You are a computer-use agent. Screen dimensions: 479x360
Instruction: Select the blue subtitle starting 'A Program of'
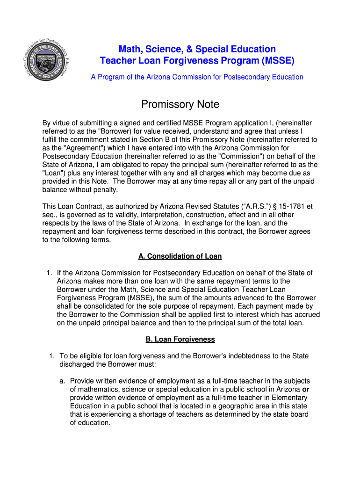point(197,77)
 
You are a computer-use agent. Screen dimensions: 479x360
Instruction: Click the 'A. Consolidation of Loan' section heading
point(180,256)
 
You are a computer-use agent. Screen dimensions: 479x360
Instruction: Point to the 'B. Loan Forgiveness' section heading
point(180,339)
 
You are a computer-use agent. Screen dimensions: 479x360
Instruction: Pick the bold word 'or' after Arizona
point(306,390)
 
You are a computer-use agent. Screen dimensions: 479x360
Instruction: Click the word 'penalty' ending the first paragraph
point(105,190)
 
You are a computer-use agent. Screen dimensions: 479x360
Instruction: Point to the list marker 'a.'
point(62,381)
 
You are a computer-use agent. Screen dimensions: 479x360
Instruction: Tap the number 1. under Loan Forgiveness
point(52,356)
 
